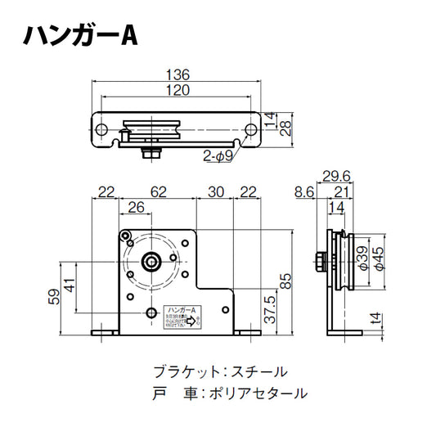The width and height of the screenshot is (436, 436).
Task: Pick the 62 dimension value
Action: pos(159,192)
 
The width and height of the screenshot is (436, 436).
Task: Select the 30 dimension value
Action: pos(214,192)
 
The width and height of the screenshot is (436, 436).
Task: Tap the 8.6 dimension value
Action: pos(303,192)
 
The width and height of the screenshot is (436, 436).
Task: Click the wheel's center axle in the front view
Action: pos(152,262)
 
